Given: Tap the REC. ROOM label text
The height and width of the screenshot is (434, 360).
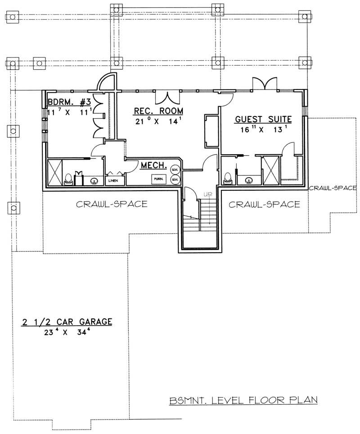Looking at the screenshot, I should click(x=152, y=111).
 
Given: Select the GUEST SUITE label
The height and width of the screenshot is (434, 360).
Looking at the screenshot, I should click(x=263, y=119).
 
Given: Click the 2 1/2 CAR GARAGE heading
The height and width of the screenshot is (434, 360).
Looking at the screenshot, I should click(x=67, y=322).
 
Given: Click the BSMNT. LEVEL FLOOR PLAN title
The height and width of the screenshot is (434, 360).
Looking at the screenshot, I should click(x=244, y=399).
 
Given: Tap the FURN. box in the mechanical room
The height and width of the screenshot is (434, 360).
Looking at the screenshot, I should click(x=158, y=179).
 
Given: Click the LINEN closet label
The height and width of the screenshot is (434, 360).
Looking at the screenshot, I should click(x=112, y=181).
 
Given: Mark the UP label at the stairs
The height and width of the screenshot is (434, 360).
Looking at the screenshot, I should click(x=208, y=194).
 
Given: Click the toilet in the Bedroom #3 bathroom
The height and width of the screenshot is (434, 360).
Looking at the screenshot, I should click(x=68, y=179).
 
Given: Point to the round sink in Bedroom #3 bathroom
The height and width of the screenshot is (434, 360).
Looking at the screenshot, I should click(x=94, y=181).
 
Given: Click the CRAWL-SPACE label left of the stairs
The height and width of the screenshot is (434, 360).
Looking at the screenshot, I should click(x=112, y=204).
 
